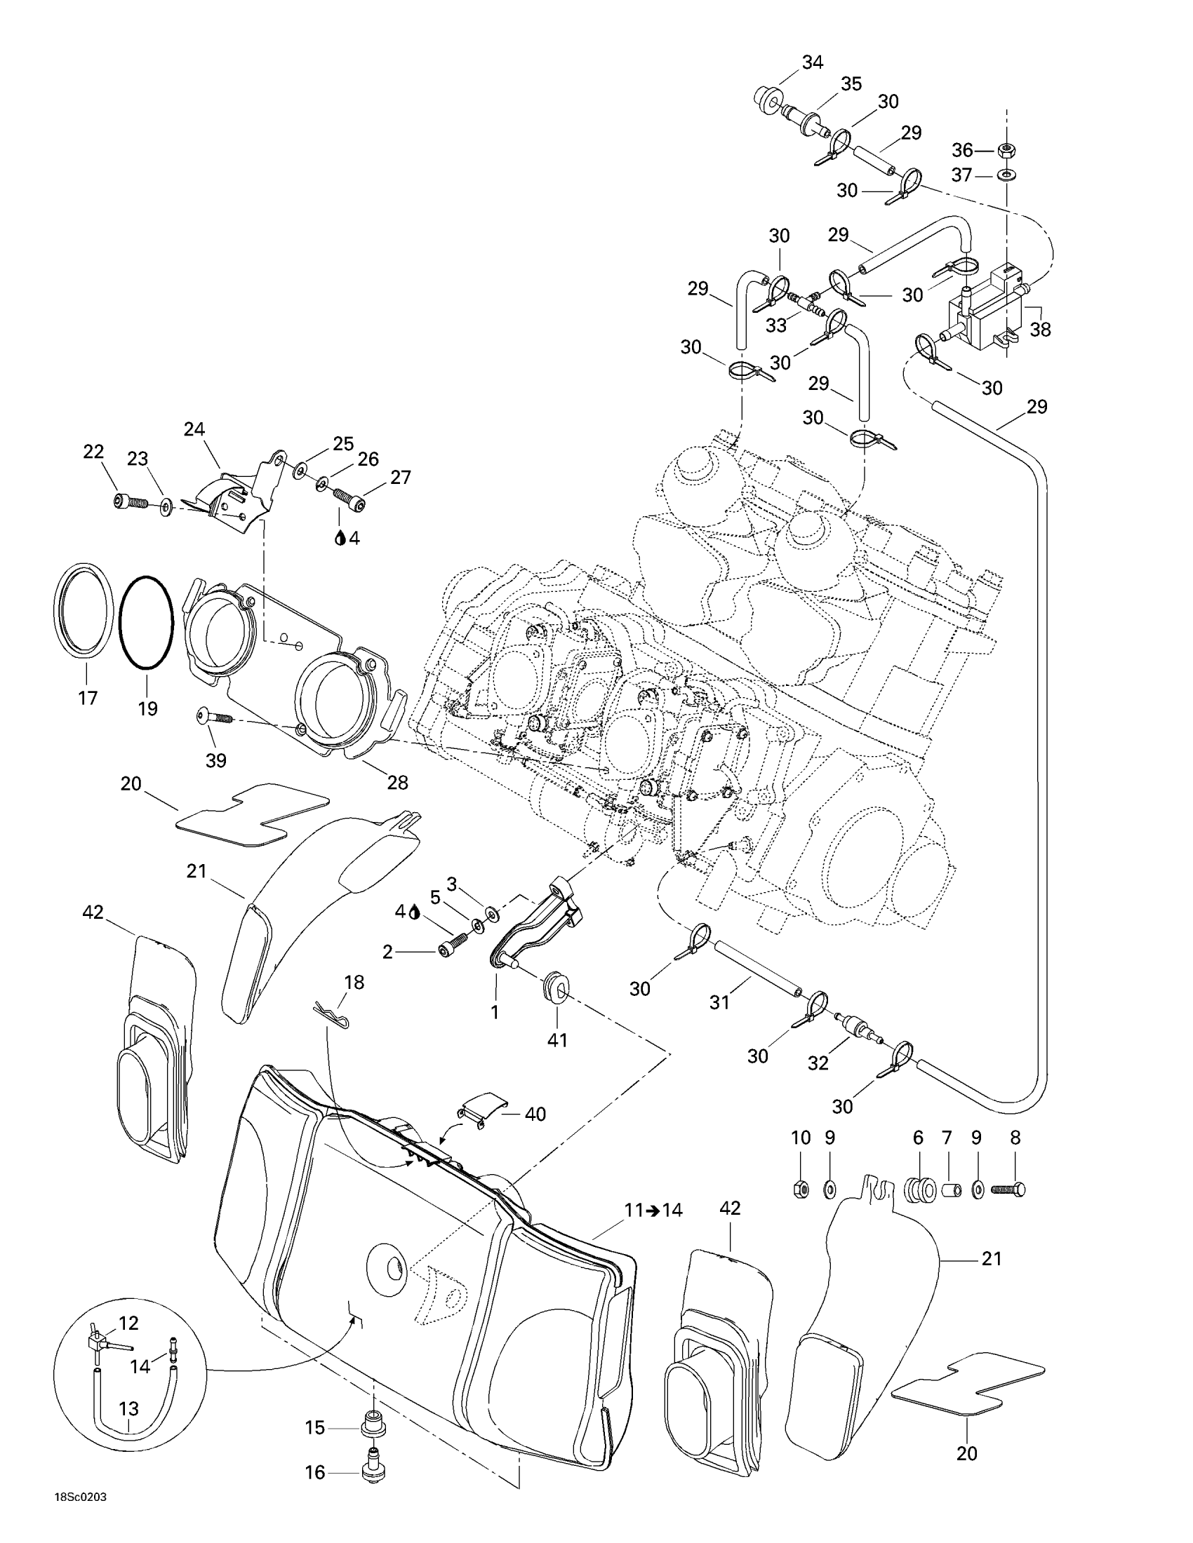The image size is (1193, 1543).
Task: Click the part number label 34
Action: point(812,62)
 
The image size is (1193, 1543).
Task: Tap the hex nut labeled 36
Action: point(1004,151)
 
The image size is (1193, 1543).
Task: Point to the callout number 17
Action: point(88,699)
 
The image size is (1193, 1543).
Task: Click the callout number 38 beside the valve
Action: point(1040,329)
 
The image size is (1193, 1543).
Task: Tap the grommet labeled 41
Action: point(556,986)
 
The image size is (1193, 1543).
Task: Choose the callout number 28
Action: point(397,782)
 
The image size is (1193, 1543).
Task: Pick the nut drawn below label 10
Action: point(801,1190)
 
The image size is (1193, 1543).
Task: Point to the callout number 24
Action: point(194,429)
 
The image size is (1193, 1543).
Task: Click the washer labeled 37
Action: point(1004,175)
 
